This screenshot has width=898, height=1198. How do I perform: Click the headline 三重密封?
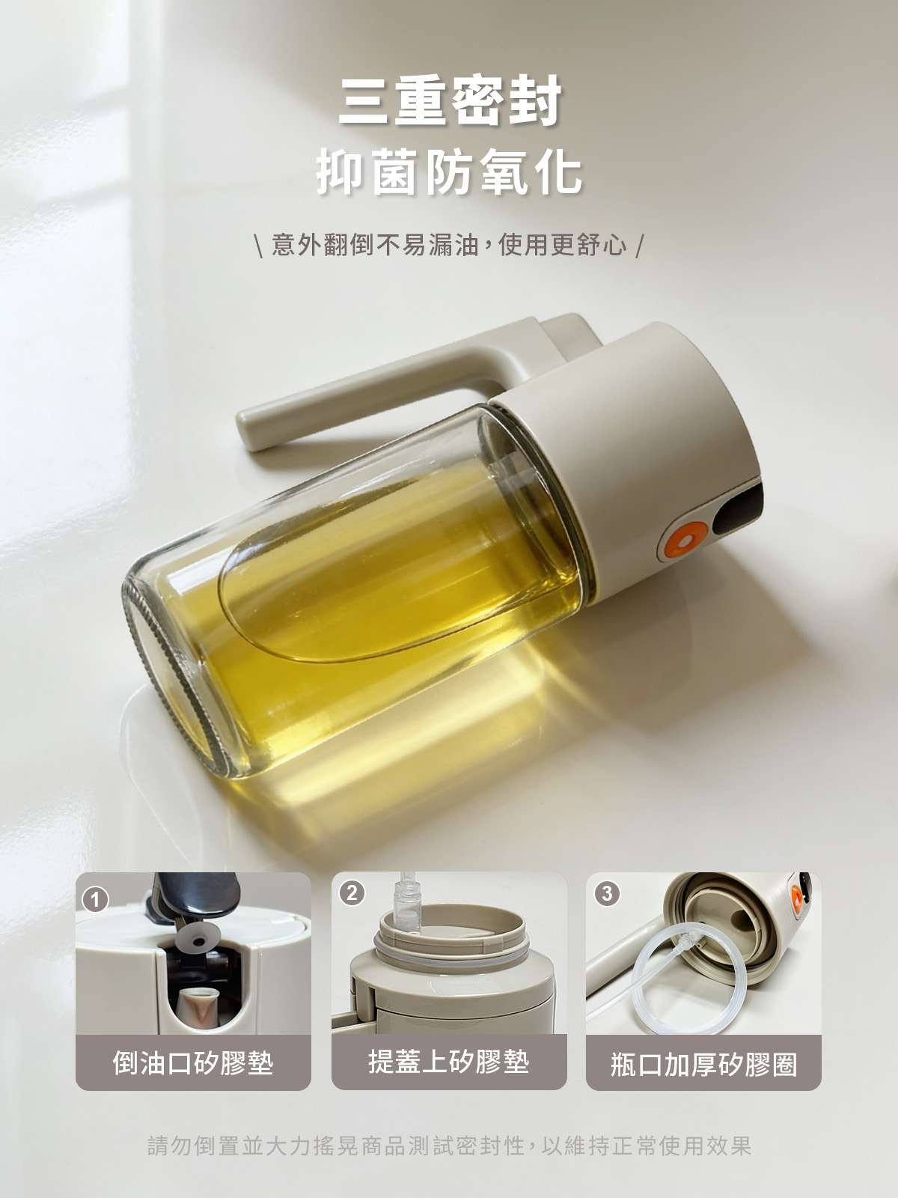coord(450,101)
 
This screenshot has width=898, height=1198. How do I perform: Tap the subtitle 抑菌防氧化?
coord(450,172)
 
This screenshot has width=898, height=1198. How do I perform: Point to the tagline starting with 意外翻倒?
coord(449,245)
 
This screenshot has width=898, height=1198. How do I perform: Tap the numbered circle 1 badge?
coord(96,899)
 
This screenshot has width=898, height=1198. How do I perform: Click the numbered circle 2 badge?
coord(352,893)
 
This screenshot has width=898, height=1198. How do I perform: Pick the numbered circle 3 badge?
coord(607,893)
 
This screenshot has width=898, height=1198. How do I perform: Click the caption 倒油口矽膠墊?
coord(193,1062)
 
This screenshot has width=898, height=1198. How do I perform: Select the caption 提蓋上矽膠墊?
coord(449,1062)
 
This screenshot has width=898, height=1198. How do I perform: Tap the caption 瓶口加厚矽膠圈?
coord(703,1064)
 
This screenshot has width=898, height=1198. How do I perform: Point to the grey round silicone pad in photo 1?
coord(198,938)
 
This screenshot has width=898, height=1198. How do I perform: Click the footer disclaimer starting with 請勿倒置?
coord(449,1144)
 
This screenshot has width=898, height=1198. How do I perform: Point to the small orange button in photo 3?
coord(796,897)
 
